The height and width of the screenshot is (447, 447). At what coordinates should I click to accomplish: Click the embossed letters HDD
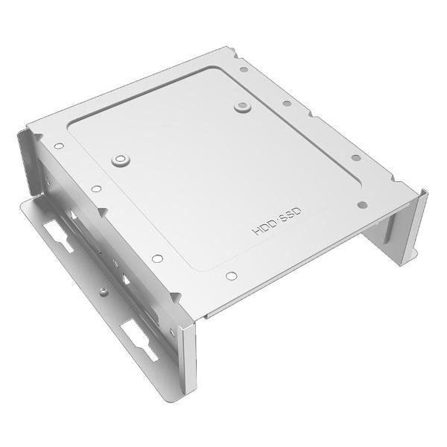264,229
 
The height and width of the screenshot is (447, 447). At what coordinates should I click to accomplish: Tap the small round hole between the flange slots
99,287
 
